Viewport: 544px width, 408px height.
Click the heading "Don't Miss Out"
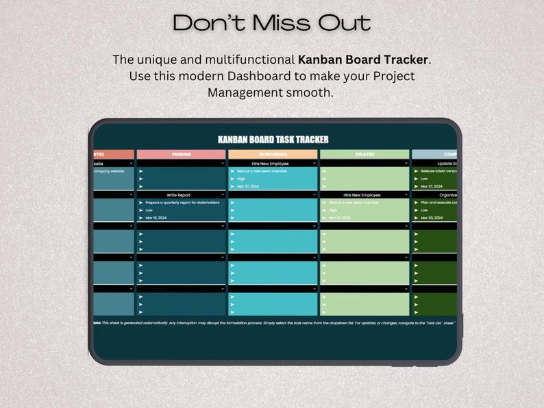click(272, 23)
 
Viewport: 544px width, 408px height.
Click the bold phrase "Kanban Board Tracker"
click(364, 60)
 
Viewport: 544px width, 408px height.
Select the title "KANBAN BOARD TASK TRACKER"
click(273, 139)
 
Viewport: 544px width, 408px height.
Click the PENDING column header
click(181, 155)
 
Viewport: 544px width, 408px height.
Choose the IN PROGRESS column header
click(273, 155)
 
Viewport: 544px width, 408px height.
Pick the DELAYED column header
click(364, 155)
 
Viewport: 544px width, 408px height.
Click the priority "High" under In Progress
click(241, 179)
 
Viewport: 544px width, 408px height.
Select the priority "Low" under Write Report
click(149, 210)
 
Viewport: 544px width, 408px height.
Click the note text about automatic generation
click(274, 322)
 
